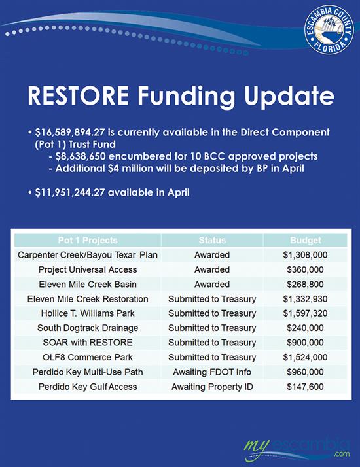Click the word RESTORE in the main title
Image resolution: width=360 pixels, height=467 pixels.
pos(88,96)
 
